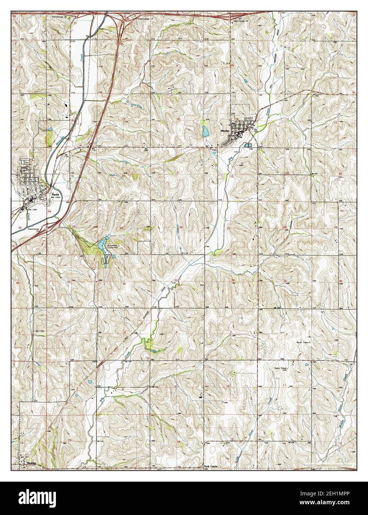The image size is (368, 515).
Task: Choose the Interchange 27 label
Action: [x=135, y=18]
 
